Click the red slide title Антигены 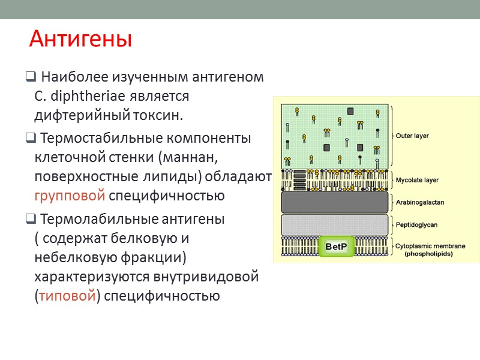coord(80,40)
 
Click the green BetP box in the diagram coord(336,247)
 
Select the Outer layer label coord(412,136)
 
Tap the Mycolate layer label coord(416,179)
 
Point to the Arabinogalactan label coord(419,202)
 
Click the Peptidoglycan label coord(416,224)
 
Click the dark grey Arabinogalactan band coord(335,202)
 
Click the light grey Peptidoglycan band coord(335,224)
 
